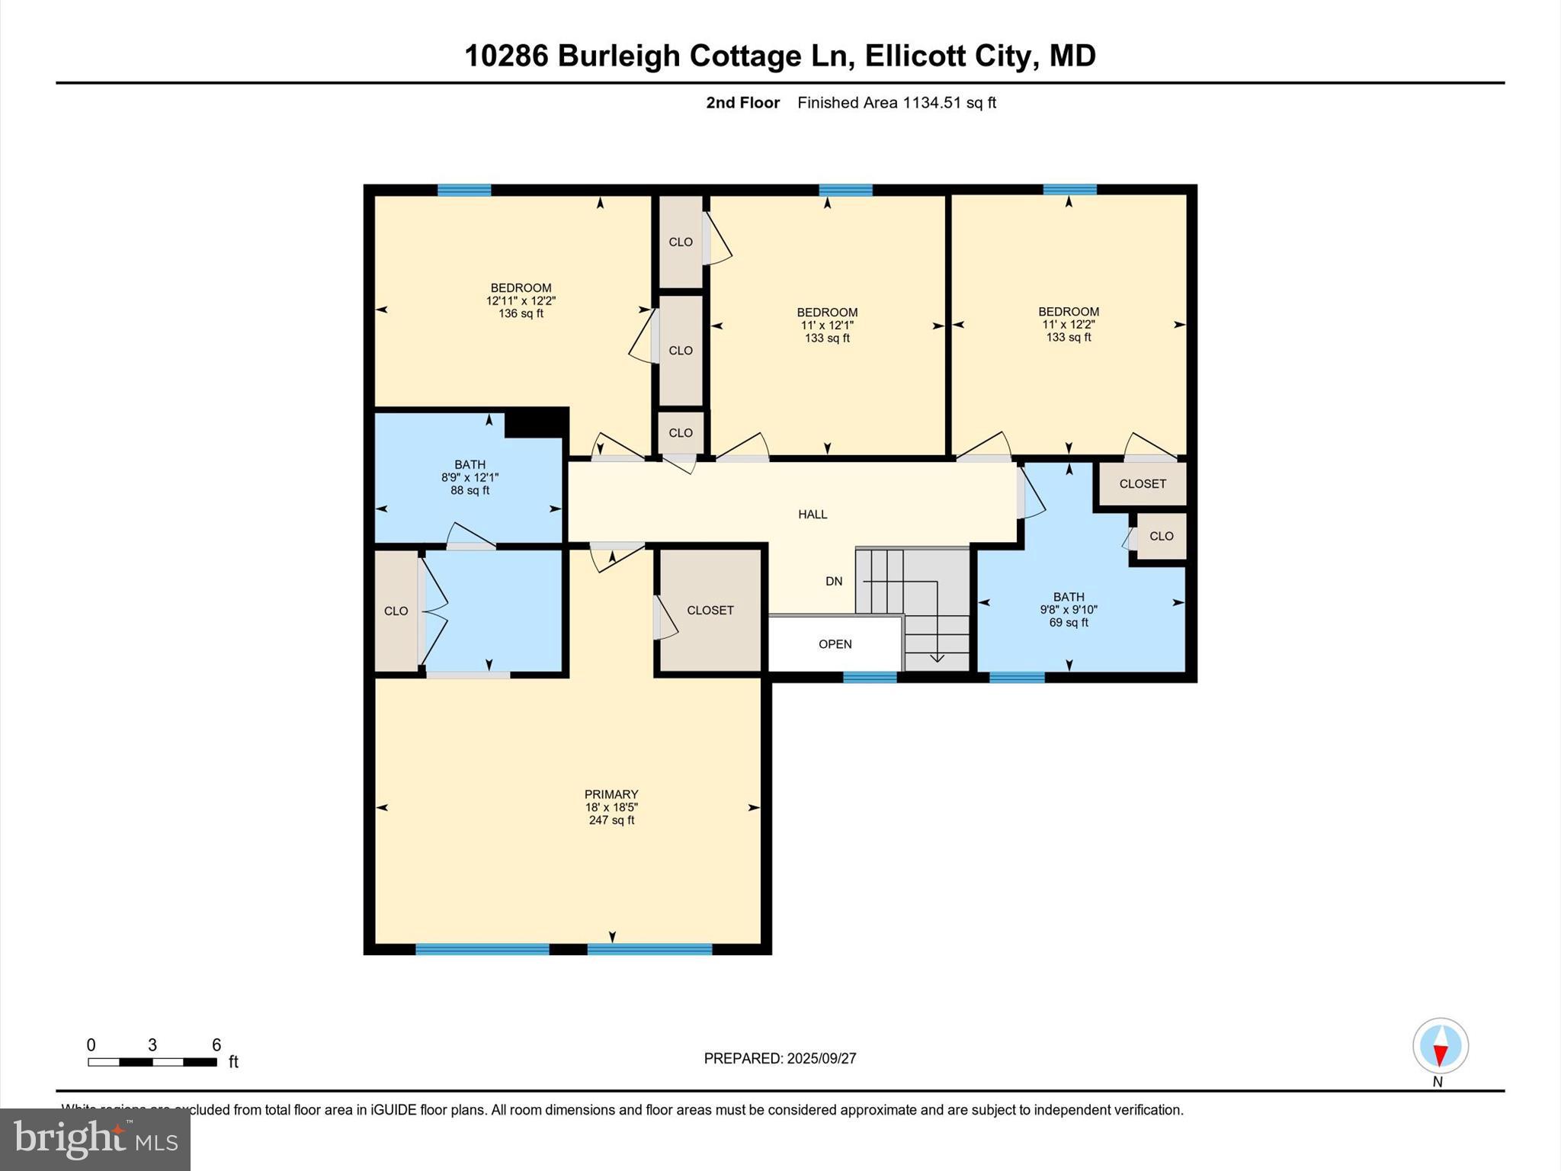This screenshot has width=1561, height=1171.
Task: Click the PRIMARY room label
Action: click(x=611, y=794)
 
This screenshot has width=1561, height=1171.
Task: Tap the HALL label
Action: click(x=813, y=515)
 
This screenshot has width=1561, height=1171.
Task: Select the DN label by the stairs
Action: click(x=834, y=582)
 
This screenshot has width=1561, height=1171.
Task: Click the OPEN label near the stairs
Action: click(x=835, y=644)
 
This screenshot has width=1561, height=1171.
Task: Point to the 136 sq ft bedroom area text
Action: click(x=521, y=313)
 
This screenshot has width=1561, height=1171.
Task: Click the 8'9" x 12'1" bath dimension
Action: click(x=470, y=478)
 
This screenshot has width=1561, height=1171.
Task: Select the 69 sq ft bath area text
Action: click(x=1069, y=623)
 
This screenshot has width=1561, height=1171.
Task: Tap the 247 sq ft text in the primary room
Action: click(x=611, y=820)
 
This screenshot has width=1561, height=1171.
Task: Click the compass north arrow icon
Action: click(x=1440, y=1047)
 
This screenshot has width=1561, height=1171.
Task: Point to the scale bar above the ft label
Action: click(x=152, y=1062)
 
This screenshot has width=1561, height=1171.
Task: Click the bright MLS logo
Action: click(x=95, y=1139)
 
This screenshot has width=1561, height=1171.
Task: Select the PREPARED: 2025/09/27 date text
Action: click(x=780, y=1058)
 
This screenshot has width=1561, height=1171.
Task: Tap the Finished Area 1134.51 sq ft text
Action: click(x=896, y=103)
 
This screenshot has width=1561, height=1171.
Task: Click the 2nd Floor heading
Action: click(x=742, y=103)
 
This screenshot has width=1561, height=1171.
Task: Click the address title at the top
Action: click(x=780, y=56)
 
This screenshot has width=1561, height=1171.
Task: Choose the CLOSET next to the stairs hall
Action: click(x=710, y=611)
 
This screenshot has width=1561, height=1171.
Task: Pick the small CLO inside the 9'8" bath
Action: click(x=1161, y=537)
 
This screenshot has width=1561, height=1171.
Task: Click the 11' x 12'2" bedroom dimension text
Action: click(x=1069, y=324)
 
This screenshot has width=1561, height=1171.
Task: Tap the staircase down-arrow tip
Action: click(x=937, y=660)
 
